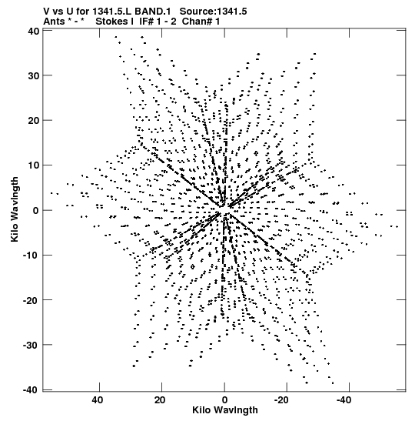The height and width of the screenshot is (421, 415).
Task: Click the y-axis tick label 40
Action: (x=33, y=31)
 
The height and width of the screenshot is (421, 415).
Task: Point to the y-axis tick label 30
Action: (x=33, y=75)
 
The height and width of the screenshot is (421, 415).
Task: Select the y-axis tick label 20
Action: (x=33, y=121)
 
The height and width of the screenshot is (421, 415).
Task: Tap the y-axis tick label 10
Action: (x=33, y=165)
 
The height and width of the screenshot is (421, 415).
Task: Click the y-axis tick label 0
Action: (x=36, y=211)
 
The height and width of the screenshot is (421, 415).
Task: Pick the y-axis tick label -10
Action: (x=32, y=255)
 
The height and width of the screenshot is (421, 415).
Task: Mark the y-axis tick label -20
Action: (x=32, y=300)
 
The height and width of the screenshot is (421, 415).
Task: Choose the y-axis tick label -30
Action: (x=32, y=345)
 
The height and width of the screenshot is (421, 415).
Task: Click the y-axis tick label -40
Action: (x=32, y=390)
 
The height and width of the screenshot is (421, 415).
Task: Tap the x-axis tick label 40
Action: (x=98, y=400)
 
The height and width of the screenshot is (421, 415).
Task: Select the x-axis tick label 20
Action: (x=160, y=400)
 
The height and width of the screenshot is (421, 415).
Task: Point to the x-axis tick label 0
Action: (x=224, y=400)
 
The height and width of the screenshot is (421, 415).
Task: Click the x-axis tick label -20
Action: (x=281, y=400)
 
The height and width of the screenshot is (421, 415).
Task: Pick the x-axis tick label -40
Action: (x=344, y=400)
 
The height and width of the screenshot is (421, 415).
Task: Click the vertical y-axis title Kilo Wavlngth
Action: (x=15, y=209)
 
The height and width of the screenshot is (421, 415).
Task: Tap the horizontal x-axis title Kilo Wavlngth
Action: (x=225, y=410)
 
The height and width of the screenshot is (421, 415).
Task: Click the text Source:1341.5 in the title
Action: (x=213, y=12)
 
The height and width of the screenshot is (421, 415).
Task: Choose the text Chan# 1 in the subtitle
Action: (x=201, y=22)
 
